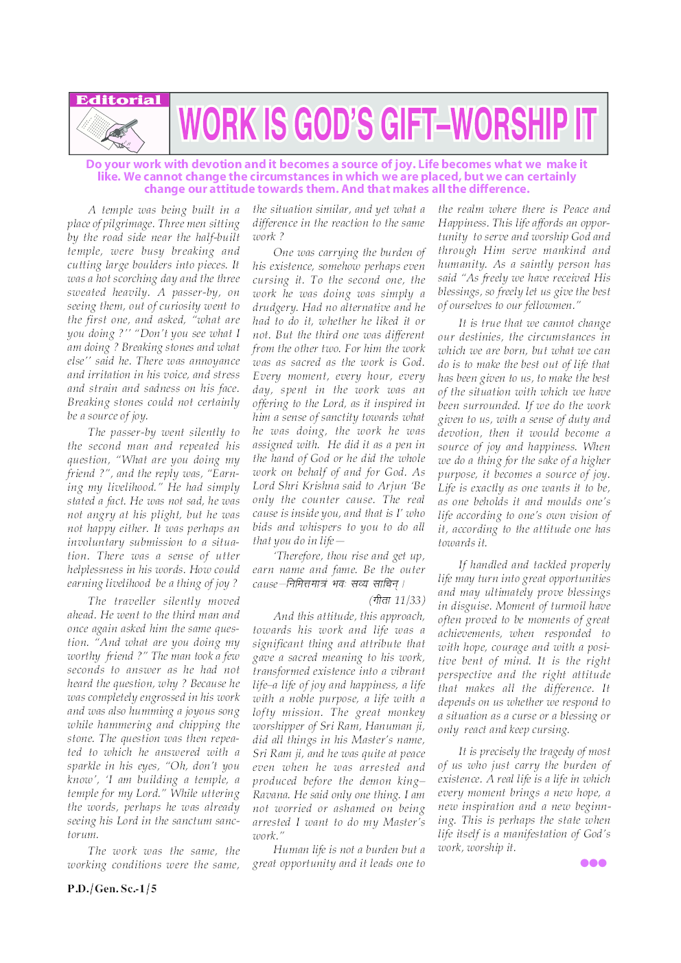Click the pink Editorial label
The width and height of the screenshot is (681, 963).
coord(119,100)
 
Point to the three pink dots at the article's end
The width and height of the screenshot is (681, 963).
coord(593,863)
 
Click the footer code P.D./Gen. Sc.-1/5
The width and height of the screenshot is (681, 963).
coord(112,888)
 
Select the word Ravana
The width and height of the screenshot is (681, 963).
coord(270,794)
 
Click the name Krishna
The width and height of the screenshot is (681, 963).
coord(327,486)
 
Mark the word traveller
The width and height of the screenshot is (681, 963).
coord(135,601)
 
